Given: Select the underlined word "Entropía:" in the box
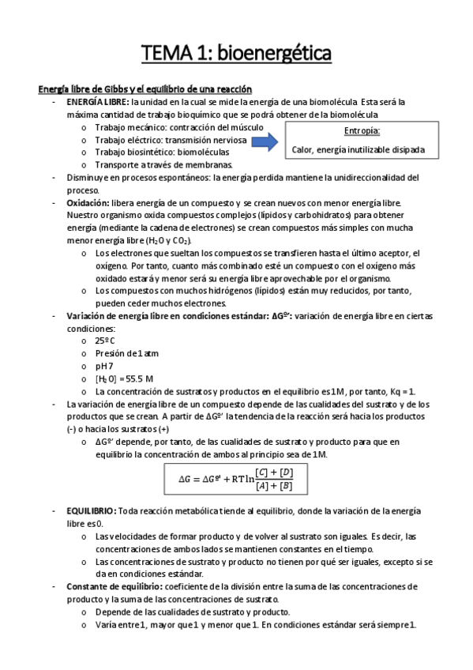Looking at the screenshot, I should tap(362, 130).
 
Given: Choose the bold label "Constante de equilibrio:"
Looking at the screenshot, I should tap(114, 587).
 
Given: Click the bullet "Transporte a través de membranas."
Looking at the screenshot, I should tap(163, 164).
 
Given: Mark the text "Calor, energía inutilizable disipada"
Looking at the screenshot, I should tap(369, 149).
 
